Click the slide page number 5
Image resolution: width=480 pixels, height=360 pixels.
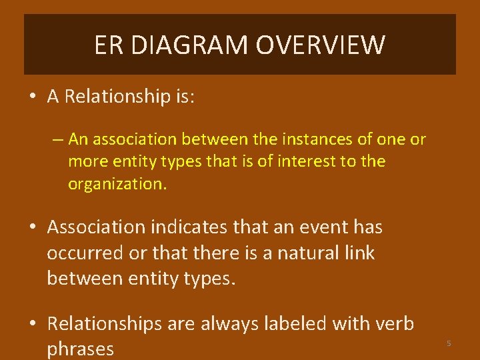449,343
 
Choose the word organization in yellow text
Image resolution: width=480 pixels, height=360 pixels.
116,184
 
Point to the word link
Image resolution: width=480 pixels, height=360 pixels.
359,253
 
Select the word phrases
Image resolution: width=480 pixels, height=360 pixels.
80,349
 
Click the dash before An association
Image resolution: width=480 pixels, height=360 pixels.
58,139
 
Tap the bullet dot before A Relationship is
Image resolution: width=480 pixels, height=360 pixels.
33,97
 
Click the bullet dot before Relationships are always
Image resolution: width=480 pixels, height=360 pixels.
33,325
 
